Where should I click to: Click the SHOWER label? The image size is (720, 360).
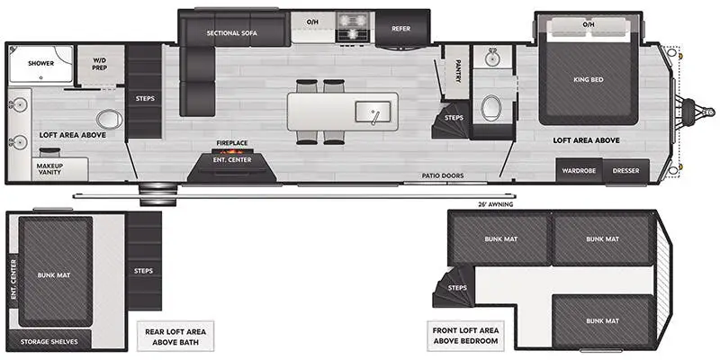click(40, 63)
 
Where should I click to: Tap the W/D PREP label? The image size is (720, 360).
click(100, 64)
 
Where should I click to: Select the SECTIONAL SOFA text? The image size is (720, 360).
click(232, 33)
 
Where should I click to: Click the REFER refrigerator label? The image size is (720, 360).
click(400, 29)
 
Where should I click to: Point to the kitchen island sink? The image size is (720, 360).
click(373, 112)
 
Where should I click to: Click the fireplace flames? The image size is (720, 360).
click(231, 151)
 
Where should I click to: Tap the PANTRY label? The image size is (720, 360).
click(458, 71)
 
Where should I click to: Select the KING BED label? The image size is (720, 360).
click(589, 79)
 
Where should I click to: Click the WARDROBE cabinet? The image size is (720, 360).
click(579, 171)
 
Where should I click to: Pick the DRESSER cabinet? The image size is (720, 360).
click(625, 171)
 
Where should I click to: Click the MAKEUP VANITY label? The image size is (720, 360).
click(50, 168)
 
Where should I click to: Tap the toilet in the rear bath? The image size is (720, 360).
click(108, 120)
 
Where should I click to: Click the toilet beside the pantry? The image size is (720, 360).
click(490, 108)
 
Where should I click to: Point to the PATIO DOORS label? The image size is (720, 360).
click(443, 175)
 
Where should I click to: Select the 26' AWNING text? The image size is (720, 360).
click(495, 204)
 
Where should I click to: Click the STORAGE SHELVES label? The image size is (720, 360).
click(49, 342)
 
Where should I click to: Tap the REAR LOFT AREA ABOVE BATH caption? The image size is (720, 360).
click(175, 337)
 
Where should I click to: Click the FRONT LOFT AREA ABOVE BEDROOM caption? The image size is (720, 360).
click(465, 336)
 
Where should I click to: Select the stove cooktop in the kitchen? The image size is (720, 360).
click(352, 27)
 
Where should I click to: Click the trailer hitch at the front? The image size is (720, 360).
click(697, 111)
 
